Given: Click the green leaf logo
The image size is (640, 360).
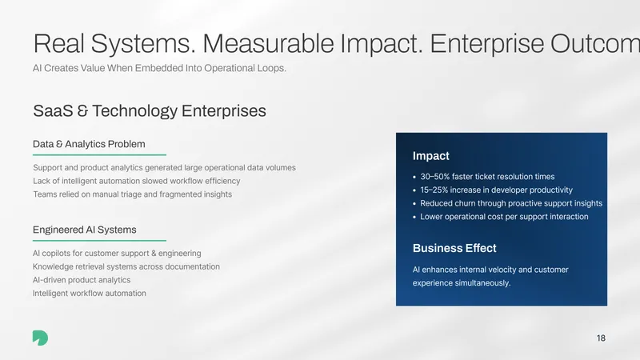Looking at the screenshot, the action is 40,338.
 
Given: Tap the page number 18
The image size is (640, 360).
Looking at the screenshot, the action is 601,338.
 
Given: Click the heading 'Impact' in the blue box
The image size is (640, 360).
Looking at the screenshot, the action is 430,156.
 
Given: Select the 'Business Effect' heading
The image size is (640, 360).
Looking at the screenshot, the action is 454,248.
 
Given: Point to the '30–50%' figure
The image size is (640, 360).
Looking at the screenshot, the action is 434,177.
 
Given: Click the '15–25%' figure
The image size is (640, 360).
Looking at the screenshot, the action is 434,190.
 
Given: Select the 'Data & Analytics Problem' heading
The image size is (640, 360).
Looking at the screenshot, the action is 89,144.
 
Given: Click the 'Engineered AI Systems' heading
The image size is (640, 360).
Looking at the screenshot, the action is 85,230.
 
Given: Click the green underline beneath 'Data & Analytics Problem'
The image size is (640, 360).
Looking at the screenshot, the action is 99,155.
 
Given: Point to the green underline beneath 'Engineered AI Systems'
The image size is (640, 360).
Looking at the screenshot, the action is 99,241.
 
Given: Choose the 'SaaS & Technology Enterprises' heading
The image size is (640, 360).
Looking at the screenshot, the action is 150,111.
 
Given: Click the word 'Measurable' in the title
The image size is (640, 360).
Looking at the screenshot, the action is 268,44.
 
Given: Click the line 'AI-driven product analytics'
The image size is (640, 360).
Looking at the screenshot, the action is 82,280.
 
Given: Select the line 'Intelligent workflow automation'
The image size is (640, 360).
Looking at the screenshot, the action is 90,294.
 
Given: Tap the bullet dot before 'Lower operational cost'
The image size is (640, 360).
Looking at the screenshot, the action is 414,217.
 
